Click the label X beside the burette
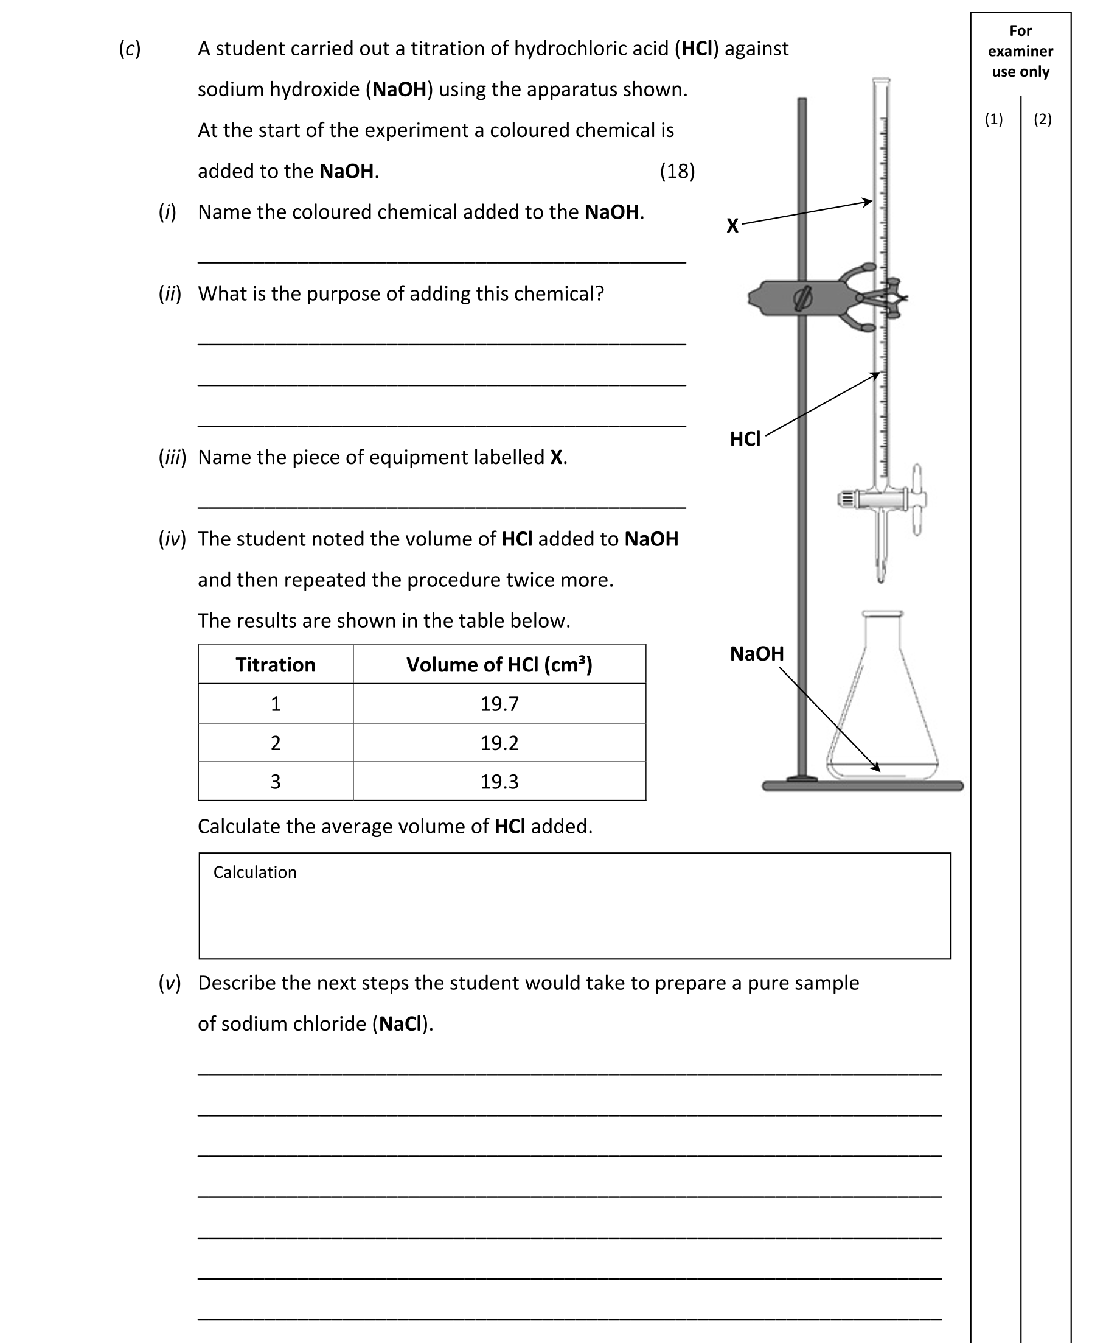coord(732,226)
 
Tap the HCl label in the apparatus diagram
coord(745,439)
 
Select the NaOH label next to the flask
coord(756,654)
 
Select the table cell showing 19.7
coord(499,704)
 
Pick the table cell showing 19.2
coord(499,743)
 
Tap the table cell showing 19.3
coord(499,782)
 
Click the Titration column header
coord(275,665)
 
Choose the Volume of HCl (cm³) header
coord(499,665)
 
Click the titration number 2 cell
coord(275,743)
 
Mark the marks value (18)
coord(677,171)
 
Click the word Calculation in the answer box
coord(255,872)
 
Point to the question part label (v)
coord(170,983)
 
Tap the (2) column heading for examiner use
coord(1042,119)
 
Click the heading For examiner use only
coord(1020,51)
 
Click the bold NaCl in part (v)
coord(400,1023)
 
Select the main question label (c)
coord(130,49)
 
